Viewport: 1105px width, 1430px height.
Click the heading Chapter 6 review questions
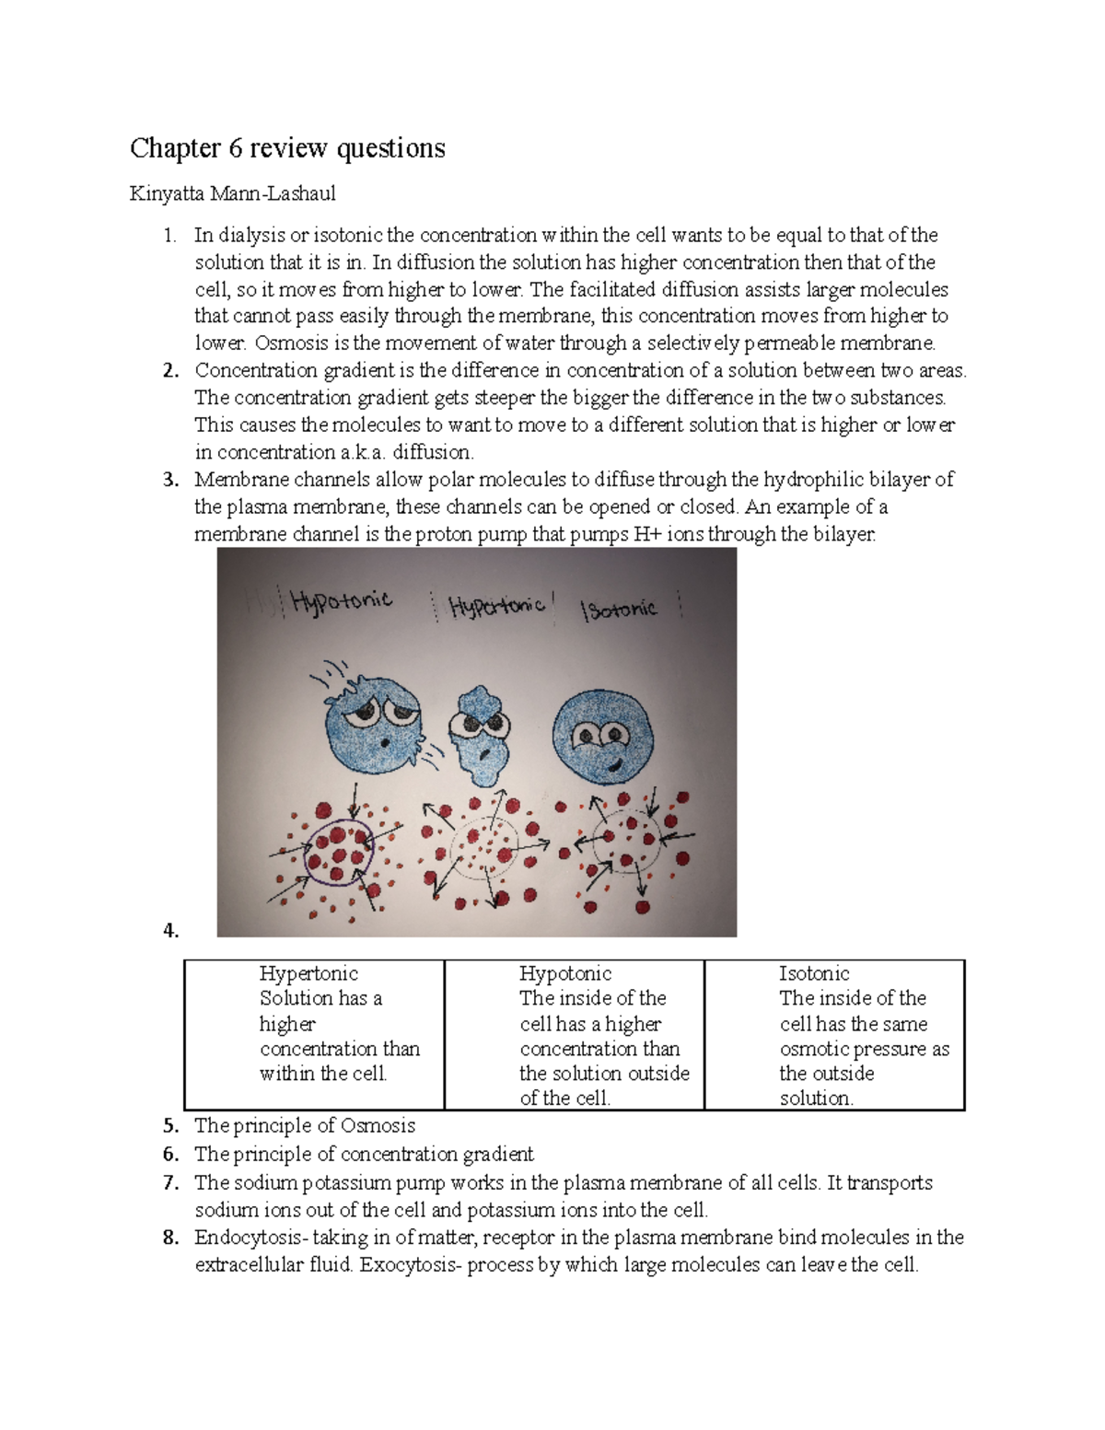point(287,148)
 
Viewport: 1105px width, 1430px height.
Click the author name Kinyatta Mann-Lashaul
point(232,193)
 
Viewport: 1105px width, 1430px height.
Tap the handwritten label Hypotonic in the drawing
point(341,601)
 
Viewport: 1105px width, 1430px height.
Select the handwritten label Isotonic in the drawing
point(620,610)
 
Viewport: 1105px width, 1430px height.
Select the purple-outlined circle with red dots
point(338,850)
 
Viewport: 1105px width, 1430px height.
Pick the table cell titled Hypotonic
point(575,1034)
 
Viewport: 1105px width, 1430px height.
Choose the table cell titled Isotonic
point(834,1034)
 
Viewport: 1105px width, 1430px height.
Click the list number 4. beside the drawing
point(170,930)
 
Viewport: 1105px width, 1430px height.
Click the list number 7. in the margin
point(170,1183)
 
